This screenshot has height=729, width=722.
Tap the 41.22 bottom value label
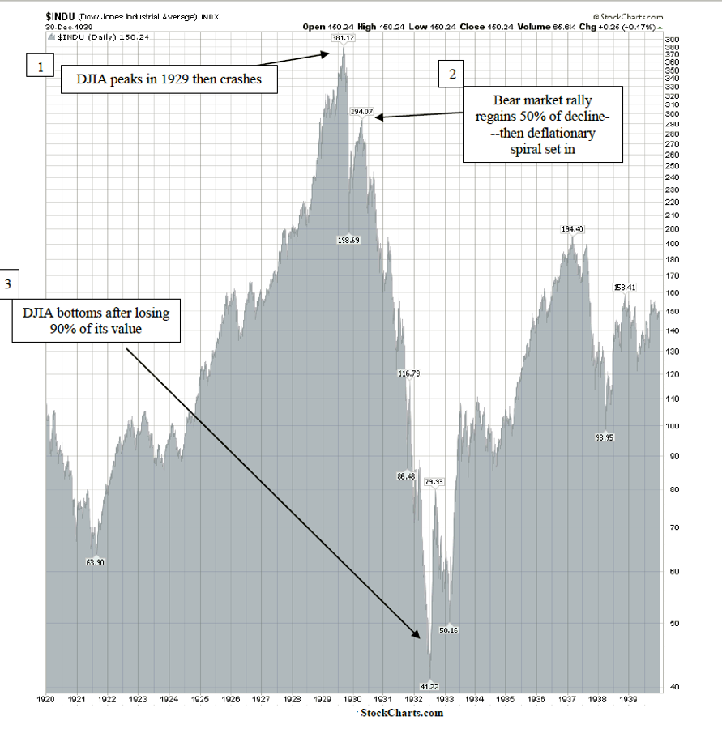[x=430, y=685]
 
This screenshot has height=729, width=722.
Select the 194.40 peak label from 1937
[x=572, y=229]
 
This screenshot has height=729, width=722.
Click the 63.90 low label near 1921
[x=96, y=561]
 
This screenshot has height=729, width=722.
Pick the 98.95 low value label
[x=604, y=437]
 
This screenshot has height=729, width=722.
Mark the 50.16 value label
[x=449, y=629]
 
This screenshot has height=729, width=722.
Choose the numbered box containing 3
[x=9, y=284]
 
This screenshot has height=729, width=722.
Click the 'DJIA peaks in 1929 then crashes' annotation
[x=169, y=79]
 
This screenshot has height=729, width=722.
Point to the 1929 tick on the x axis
[x=322, y=697]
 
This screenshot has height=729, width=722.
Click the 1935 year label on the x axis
[x=505, y=697]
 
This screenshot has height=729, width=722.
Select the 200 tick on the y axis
[x=672, y=229]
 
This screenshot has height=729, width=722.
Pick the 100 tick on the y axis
[x=672, y=426]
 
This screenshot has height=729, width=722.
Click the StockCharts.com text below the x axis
[x=402, y=713]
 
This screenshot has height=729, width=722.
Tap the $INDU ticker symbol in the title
[x=61, y=16]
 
